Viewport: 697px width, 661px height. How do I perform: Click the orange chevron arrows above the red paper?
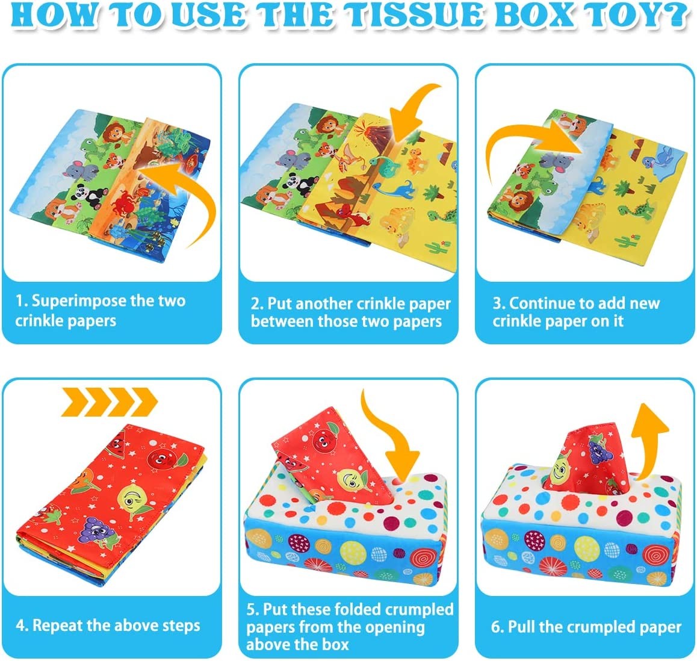tap(110, 402)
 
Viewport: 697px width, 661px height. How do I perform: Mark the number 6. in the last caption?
tap(497, 627)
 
